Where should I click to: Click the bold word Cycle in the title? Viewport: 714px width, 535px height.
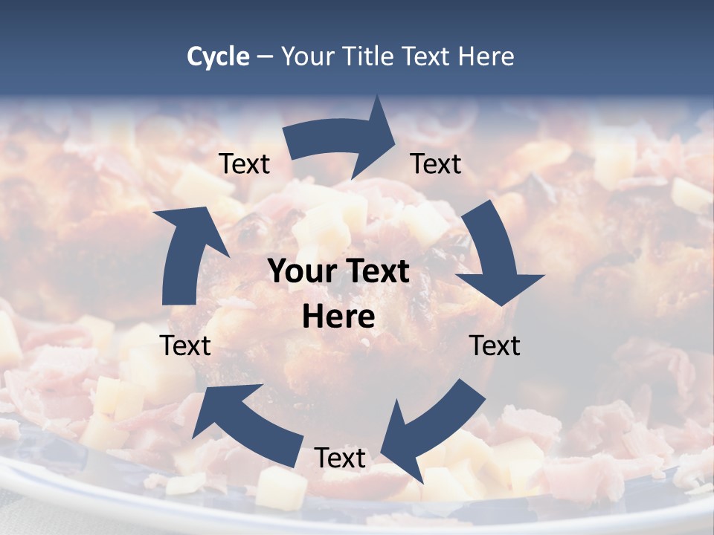point(218,56)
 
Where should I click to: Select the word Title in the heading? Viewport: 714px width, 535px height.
point(371,56)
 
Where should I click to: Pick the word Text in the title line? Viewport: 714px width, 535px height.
point(426,56)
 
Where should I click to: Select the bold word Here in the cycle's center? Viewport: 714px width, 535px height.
point(338,317)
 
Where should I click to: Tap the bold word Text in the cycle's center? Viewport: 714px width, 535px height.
point(377,272)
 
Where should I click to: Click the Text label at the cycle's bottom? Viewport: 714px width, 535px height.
point(340,458)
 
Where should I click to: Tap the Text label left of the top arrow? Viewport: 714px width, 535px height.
point(244,164)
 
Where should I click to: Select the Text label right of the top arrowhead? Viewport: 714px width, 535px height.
point(436,164)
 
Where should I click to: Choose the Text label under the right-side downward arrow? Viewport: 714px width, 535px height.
point(495,346)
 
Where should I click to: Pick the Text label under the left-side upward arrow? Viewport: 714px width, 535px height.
point(186,346)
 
